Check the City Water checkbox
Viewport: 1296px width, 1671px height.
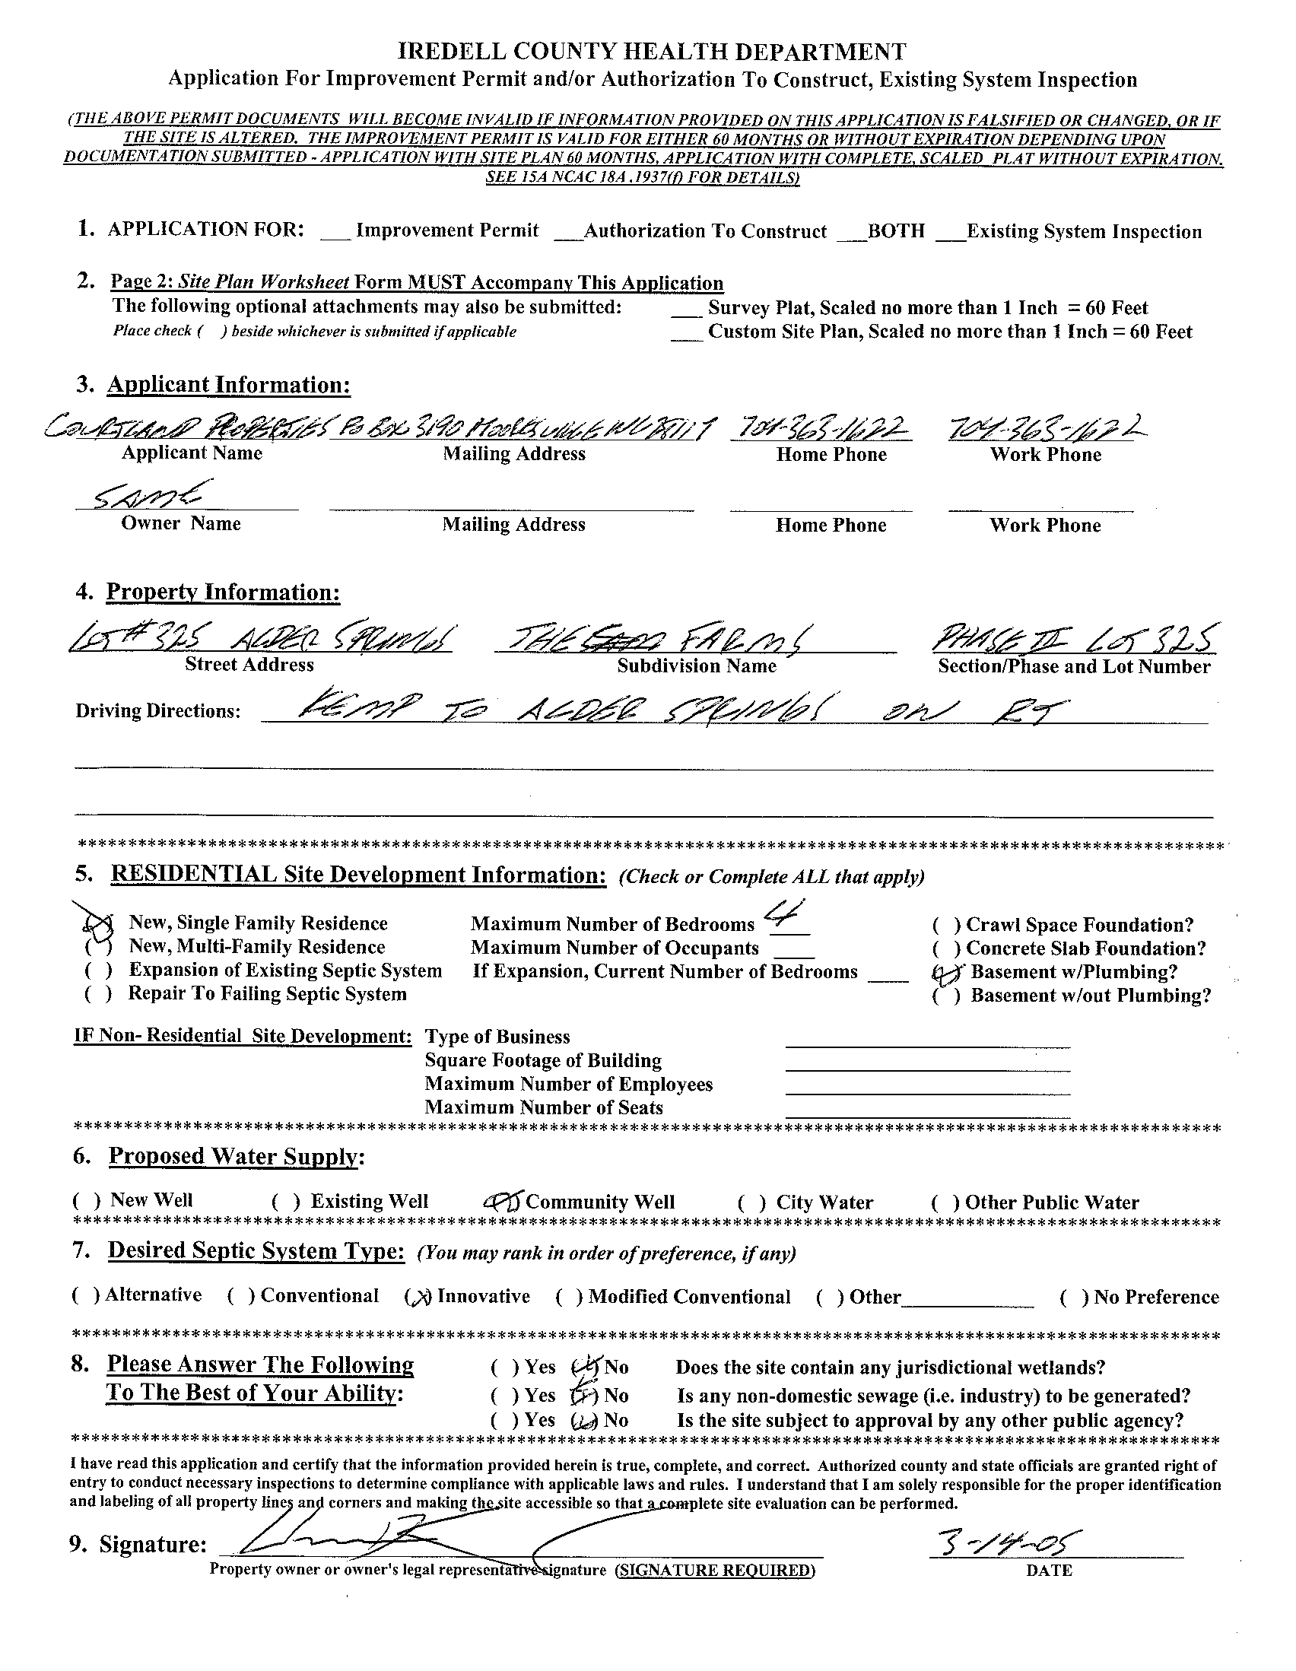click(752, 1202)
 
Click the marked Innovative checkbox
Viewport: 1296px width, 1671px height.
click(419, 1296)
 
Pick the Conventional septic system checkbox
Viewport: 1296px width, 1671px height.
click(241, 1295)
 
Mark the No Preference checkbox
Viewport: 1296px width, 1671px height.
click(1073, 1297)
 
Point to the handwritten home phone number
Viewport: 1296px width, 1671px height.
click(819, 429)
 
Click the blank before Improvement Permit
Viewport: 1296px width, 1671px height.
click(335, 232)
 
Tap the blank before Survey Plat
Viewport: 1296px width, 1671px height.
click(685, 309)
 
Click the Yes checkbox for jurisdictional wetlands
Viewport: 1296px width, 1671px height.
click(503, 1368)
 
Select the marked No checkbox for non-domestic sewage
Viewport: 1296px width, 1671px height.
click(585, 1396)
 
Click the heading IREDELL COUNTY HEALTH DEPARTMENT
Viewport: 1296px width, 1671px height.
click(653, 52)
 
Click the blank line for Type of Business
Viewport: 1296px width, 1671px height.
click(927, 1038)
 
